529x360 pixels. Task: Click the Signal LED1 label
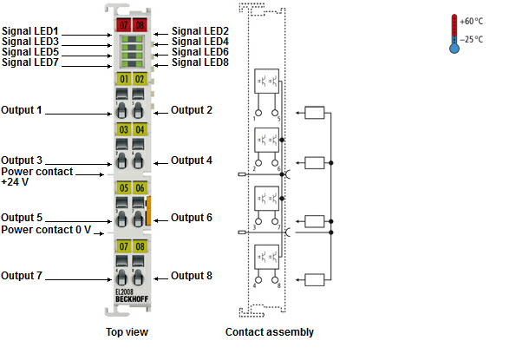coord(25,31)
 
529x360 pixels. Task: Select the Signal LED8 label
coord(199,62)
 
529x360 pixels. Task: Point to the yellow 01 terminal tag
coord(123,80)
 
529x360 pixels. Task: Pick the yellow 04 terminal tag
coord(139,130)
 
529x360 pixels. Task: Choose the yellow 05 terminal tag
coord(123,187)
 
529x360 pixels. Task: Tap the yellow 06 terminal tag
coord(139,187)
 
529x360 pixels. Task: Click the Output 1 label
coord(22,111)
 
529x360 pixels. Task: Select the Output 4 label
coord(192,160)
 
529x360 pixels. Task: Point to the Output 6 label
coord(192,218)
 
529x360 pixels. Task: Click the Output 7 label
coord(22,277)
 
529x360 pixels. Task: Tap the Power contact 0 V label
coord(46,230)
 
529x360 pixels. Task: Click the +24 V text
coord(15,182)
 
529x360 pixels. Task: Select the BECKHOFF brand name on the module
coord(131,300)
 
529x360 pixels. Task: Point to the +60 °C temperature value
coord(472,21)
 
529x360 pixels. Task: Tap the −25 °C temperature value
coord(472,40)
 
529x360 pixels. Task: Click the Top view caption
coord(127,332)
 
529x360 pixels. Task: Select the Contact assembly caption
coord(270,332)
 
